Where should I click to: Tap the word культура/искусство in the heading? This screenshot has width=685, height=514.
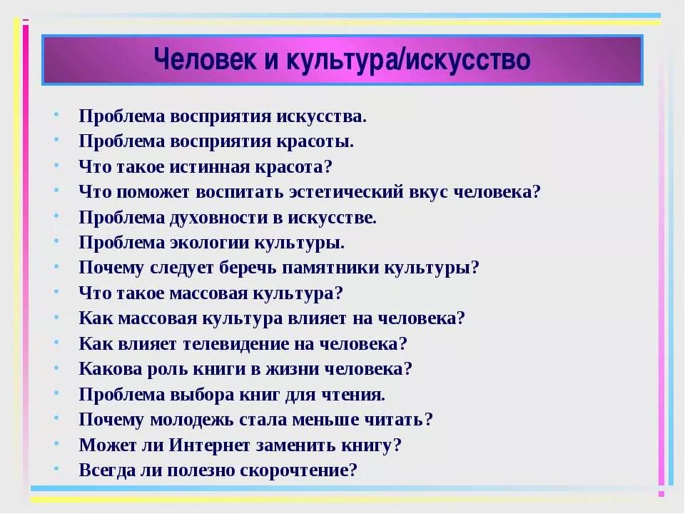[408, 59]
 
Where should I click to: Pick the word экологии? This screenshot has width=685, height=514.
[205, 243]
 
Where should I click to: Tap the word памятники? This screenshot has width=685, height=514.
[338, 268]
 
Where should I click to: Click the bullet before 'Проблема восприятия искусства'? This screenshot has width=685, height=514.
[57, 114]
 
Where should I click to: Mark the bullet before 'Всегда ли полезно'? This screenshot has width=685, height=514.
[57, 469]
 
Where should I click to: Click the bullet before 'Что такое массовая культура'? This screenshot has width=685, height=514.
[57, 292]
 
